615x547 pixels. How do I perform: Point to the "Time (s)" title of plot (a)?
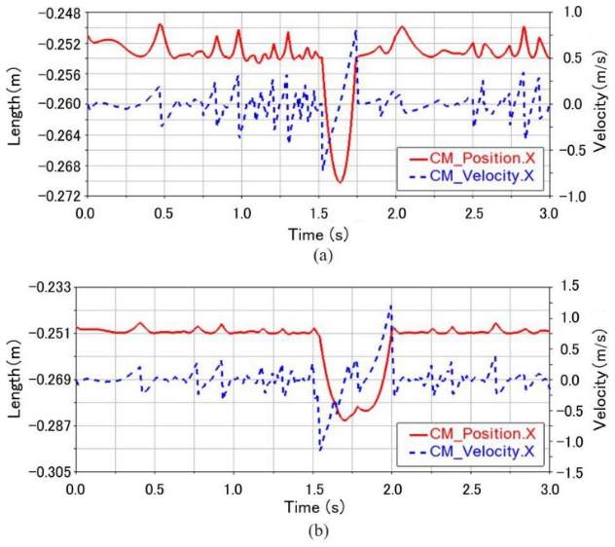click(318, 234)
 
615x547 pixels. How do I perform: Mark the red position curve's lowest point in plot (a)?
click(340, 181)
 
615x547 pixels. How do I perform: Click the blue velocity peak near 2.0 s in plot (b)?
click(391, 305)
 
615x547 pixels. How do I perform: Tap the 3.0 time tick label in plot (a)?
click(550, 212)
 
